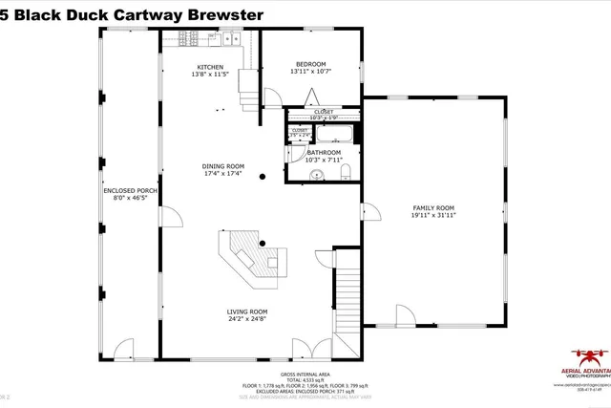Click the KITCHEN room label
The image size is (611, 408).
tap(210, 67)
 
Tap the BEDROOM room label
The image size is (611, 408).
tap(311, 64)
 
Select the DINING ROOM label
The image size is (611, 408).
tap(222, 165)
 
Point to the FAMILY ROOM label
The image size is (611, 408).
tap(432, 207)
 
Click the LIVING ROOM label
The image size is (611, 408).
tap(246, 311)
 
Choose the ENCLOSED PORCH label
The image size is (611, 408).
tap(131, 191)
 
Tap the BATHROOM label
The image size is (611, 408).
tap(324, 152)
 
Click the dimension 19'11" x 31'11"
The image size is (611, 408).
tap(432, 215)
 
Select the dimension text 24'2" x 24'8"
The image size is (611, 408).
tap(246, 319)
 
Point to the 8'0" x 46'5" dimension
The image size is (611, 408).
tap(131, 199)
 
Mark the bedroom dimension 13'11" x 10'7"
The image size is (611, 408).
tap(311, 72)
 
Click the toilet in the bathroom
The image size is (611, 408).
tap(347, 171)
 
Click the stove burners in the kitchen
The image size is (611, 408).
tap(189, 39)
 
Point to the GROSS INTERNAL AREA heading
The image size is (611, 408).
tap(305, 374)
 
